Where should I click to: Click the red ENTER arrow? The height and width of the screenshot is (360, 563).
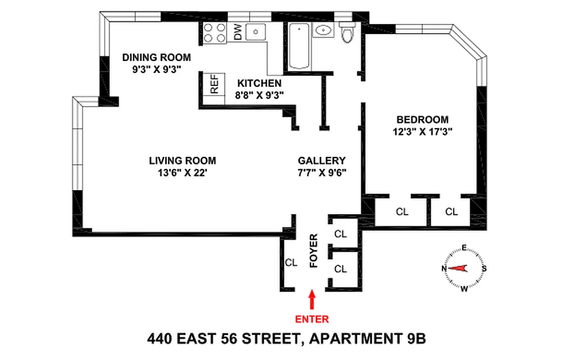pos(311,301)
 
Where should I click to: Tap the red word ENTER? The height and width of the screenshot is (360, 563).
pos(311,319)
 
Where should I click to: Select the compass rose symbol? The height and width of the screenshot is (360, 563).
pos(464,269)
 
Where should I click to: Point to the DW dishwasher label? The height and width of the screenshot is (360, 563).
pos(238,31)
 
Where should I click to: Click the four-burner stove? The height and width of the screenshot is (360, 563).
pos(215,33)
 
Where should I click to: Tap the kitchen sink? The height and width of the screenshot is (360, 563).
pos(256,31)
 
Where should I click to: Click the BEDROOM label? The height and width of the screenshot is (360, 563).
pos(422,120)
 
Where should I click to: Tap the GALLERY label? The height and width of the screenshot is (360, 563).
pos(322,161)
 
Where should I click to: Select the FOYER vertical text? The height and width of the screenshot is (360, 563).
pos(314,251)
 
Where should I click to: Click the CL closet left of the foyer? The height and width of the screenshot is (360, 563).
pos(292,263)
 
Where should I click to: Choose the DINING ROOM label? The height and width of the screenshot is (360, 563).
pos(157,58)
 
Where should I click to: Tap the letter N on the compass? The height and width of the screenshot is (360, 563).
pos(444,269)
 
